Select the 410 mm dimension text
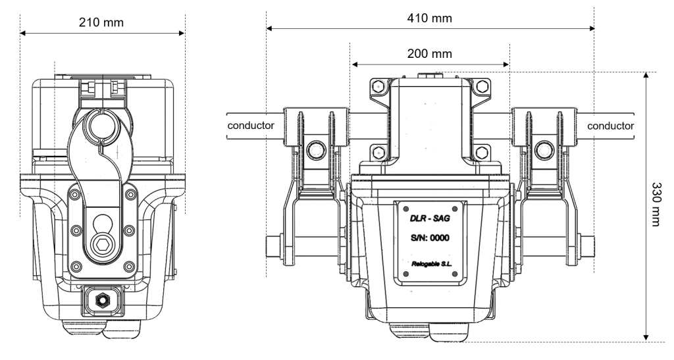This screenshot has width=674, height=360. pyautogui.click(x=430, y=18)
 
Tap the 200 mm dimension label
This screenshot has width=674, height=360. pyautogui.click(x=430, y=53)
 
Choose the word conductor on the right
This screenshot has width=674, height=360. pyautogui.click(x=611, y=125)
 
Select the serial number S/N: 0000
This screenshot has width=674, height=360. pyautogui.click(x=430, y=239)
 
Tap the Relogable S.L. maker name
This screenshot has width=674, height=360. pyautogui.click(x=430, y=265)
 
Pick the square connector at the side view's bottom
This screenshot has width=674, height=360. pyautogui.click(x=102, y=301)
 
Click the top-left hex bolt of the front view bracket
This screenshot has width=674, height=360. pyautogui.click(x=378, y=86)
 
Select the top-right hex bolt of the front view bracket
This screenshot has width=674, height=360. pyautogui.click(x=482, y=86)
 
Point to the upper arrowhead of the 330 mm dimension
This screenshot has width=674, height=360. pyautogui.click(x=646, y=75)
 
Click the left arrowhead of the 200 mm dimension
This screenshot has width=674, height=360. pyautogui.click(x=354, y=64)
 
